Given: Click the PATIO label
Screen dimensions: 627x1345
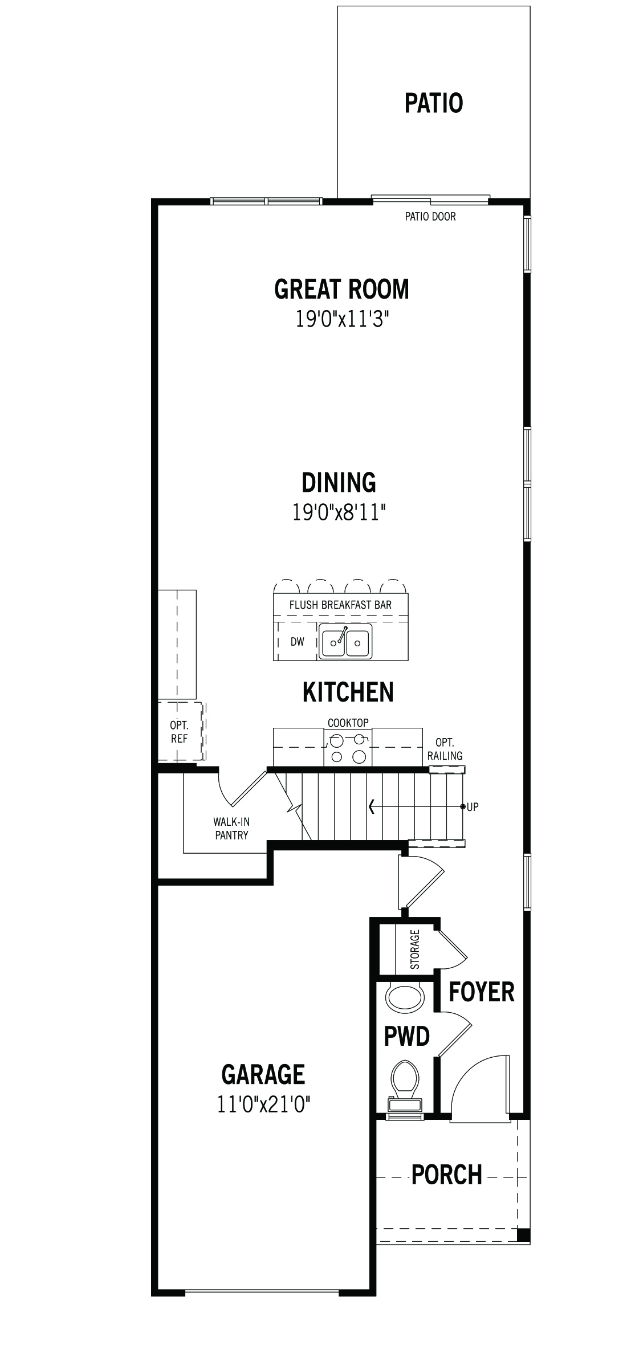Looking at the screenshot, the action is (434, 103).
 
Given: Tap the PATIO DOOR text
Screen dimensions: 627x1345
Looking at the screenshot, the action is (430, 217).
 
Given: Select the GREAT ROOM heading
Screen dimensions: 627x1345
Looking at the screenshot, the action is (341, 289).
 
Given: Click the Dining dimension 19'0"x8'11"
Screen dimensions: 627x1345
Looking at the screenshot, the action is (339, 512).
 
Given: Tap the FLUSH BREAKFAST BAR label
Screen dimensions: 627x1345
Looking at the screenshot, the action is (340, 605).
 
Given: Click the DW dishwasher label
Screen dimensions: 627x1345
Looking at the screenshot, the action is (298, 642).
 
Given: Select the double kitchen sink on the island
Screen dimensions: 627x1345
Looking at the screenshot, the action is (345, 642).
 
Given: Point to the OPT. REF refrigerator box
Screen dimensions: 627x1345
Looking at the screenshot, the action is (180, 731).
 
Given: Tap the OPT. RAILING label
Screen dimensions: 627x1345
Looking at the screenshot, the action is (445, 749).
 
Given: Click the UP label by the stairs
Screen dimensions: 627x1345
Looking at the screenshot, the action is (473, 807).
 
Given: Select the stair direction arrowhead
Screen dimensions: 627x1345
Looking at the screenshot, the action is (372, 806).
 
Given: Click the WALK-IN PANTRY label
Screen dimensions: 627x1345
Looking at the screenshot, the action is (231, 829).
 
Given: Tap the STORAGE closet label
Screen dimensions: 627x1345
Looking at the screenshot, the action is (415, 949).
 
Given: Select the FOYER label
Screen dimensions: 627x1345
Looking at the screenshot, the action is (482, 992).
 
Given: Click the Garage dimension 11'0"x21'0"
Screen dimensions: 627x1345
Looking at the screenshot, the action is (263, 1106).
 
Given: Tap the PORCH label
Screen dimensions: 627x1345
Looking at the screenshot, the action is (447, 1175).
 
